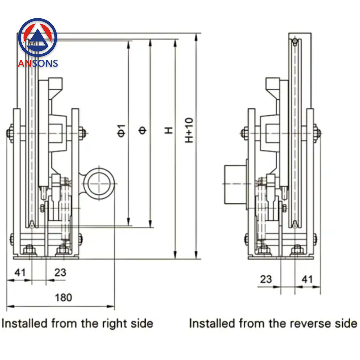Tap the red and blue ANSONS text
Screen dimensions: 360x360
(38, 63)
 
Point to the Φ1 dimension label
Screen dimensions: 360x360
(122, 130)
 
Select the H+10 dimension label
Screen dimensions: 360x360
(189, 130)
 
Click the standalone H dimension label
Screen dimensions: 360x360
(168, 130)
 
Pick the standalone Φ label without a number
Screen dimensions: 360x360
(143, 130)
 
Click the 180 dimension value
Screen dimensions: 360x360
(63, 297)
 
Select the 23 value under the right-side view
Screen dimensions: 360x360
(60, 272)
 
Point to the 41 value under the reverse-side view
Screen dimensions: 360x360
(307, 279)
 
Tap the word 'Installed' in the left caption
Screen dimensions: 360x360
(24, 323)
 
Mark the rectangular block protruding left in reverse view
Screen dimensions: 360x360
(235, 184)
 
